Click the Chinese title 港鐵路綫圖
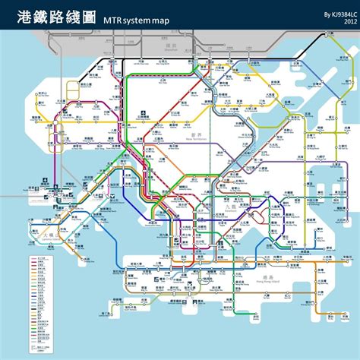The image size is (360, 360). tap(56, 17)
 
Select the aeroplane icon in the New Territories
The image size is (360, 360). tap(132, 115)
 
